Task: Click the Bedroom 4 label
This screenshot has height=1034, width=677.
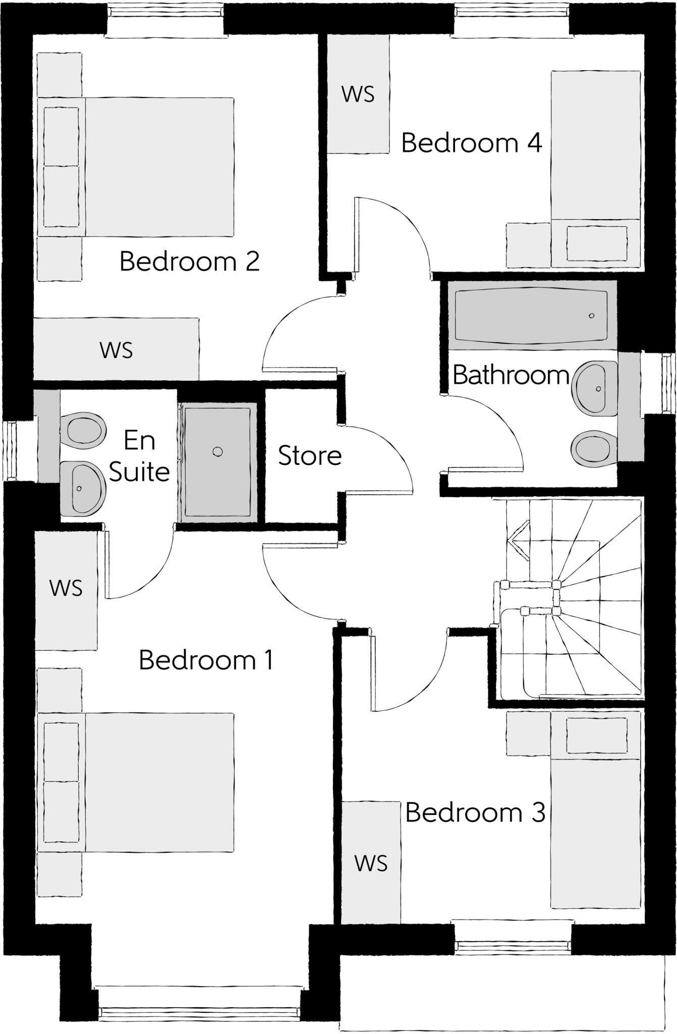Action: tap(471, 143)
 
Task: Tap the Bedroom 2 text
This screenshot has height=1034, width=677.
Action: tap(189, 262)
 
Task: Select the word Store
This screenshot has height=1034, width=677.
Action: tap(310, 455)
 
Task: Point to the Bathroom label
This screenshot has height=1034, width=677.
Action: tap(511, 375)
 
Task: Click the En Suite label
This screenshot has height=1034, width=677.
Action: tap(139, 456)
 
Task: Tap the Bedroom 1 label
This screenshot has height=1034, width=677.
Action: tap(206, 660)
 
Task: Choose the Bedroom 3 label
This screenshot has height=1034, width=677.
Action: tap(475, 812)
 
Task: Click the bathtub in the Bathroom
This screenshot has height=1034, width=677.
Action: tap(531, 316)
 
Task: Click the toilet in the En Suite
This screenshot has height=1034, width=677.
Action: tap(83, 430)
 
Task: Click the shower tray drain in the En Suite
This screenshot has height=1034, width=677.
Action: tap(217, 451)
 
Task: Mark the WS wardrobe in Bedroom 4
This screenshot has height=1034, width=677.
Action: tap(358, 94)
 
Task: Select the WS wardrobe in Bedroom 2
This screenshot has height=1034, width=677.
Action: tap(116, 350)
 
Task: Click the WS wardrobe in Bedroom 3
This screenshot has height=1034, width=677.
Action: tap(371, 863)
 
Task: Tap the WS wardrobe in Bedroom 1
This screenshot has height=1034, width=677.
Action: tap(66, 588)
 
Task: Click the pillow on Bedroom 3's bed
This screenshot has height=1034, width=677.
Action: tap(597, 735)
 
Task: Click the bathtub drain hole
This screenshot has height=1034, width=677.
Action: tap(592, 316)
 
